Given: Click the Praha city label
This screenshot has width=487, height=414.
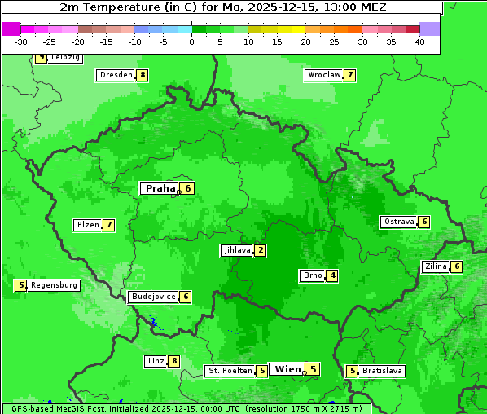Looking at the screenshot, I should tap(160, 188).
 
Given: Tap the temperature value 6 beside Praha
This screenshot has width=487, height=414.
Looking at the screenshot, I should tap(187, 188).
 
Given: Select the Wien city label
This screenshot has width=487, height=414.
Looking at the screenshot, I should tap(287, 369).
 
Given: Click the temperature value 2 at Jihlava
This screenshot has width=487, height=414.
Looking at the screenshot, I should tap(260, 250).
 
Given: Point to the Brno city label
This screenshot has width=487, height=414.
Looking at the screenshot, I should tap(312, 275).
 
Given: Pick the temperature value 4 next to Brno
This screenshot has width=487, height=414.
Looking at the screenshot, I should tap(332, 275).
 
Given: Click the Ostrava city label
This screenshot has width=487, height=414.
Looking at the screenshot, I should tap(398, 222).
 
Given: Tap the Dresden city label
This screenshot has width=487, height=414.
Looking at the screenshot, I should tap(116, 75).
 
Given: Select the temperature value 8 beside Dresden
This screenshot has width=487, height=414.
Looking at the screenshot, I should tap(143, 75).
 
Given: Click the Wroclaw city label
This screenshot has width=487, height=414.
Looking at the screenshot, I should tap(323, 75).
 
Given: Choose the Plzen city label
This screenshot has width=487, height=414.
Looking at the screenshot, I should tap(87, 225).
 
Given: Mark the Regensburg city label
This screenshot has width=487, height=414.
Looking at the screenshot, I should tap(55, 285).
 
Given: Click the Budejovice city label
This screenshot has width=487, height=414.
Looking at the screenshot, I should tap(153, 297).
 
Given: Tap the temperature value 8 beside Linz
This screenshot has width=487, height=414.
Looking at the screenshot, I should tap(173, 361).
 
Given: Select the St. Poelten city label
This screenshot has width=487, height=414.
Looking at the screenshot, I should tap(230, 371).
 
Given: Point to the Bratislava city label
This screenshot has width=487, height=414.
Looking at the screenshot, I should tap(382, 371).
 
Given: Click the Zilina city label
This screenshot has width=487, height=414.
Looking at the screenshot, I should tap(436, 266).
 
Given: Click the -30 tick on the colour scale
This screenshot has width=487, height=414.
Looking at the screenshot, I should tap(21, 42).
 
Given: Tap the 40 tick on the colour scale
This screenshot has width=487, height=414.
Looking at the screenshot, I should tap(419, 42).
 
